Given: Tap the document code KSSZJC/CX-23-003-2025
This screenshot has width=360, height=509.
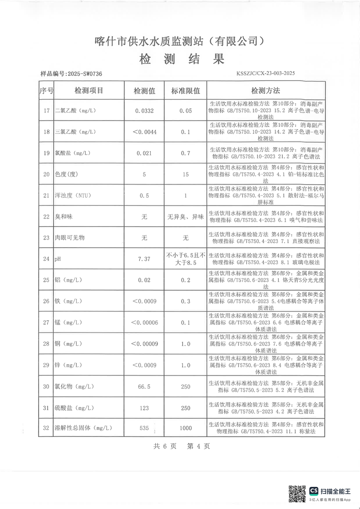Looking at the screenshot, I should point(266,73).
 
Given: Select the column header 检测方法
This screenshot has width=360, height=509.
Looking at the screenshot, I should point(266,90).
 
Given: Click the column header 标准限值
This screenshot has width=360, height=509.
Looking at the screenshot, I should point(185,91).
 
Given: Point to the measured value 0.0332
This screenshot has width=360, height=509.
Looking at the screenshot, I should point(144,110).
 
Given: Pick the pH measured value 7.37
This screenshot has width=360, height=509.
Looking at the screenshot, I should point(144,259).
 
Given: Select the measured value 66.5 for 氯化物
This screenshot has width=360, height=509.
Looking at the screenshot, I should point(144,387).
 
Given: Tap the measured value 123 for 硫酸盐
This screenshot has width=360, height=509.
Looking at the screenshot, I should point(144,408).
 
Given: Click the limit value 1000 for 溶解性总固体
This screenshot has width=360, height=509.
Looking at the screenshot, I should point(185,428).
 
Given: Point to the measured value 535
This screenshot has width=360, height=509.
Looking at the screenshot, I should point(144,428).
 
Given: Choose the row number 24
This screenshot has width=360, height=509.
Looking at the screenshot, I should point(46,259).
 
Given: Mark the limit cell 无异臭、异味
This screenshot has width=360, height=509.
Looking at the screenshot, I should point(185,217).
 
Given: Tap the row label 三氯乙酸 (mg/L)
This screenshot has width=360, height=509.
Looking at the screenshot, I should point(75,132).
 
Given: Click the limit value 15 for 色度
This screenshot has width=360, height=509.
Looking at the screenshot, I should point(185,174).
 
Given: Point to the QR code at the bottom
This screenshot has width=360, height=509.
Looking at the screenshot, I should point(297,493).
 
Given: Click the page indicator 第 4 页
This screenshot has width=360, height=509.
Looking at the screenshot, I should point(198,446).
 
